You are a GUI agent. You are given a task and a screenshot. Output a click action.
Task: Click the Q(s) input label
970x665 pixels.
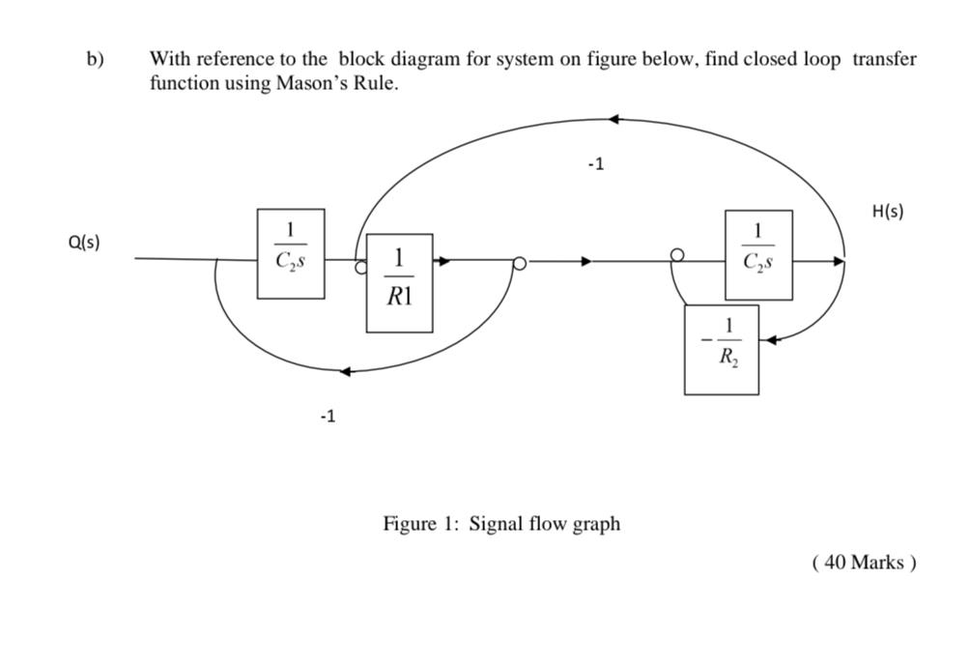(x=84, y=243)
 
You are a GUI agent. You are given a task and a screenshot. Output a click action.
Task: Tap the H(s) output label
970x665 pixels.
(x=887, y=212)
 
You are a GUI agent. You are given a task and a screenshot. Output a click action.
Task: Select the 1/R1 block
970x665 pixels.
(x=399, y=282)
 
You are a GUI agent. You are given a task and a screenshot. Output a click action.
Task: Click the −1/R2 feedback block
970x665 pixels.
(x=721, y=349)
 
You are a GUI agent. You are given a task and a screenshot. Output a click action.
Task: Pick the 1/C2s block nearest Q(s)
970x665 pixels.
(x=291, y=253)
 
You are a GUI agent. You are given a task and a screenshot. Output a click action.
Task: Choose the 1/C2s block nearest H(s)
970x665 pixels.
(x=758, y=254)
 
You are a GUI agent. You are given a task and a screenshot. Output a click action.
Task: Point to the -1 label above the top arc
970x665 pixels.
(x=595, y=164)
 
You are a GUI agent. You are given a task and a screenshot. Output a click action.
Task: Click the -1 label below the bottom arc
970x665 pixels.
(x=328, y=417)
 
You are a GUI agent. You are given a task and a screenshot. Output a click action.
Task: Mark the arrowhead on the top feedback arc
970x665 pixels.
(x=614, y=119)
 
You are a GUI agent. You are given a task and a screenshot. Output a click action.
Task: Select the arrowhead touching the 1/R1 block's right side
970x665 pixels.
(x=442, y=260)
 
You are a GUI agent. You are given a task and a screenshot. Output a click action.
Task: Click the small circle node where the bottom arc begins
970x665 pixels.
(x=519, y=262)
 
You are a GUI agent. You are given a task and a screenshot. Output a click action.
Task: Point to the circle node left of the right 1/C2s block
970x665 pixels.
(x=677, y=255)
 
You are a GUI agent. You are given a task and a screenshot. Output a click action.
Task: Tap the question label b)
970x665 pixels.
(x=95, y=59)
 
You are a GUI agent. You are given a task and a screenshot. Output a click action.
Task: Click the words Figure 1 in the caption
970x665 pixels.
(x=420, y=524)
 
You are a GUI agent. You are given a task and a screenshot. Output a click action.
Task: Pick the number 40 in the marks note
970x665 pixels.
(x=836, y=563)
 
